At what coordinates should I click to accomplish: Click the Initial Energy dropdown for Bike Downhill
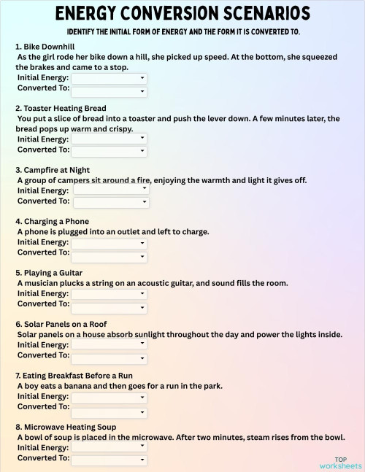(x=109, y=78)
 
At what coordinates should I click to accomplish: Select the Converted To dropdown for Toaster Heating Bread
(x=109, y=151)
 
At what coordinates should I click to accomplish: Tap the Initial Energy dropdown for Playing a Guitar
(x=109, y=294)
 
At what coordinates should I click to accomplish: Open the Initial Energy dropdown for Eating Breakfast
(x=109, y=397)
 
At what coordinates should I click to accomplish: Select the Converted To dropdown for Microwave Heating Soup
(x=109, y=460)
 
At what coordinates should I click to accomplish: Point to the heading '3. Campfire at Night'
(x=52, y=170)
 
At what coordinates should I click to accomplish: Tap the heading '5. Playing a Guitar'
(x=50, y=273)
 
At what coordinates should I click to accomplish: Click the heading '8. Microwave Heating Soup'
(x=65, y=427)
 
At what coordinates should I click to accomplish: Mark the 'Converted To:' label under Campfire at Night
(x=43, y=201)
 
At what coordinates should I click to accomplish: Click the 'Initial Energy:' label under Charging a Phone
(x=43, y=242)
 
